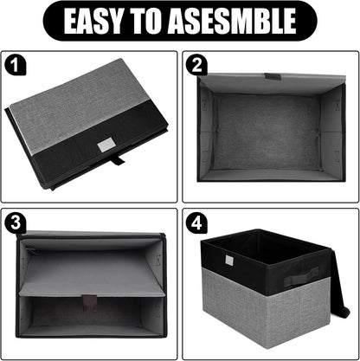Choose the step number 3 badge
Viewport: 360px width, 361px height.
(13, 222)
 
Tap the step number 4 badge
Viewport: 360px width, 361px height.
(196, 222)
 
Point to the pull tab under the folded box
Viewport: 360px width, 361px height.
(119, 161)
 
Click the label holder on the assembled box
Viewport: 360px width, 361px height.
(228, 261)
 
